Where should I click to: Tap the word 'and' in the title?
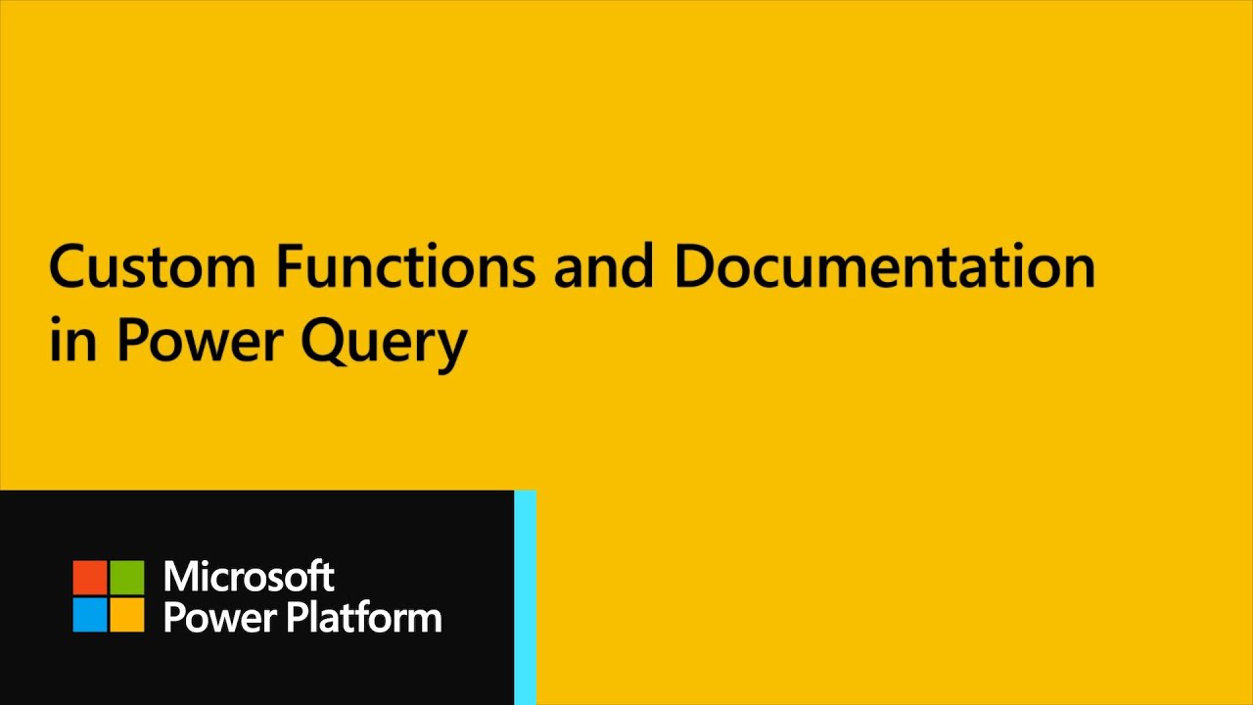[x=603, y=266]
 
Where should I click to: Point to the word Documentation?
[x=884, y=266]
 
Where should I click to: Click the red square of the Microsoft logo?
[x=90, y=578]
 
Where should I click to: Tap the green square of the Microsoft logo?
[x=126, y=578]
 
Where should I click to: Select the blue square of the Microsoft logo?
[x=90, y=614]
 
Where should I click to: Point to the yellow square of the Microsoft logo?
[x=126, y=614]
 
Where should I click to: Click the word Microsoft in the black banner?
[x=249, y=577]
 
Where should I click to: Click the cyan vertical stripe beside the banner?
[x=525, y=597]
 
